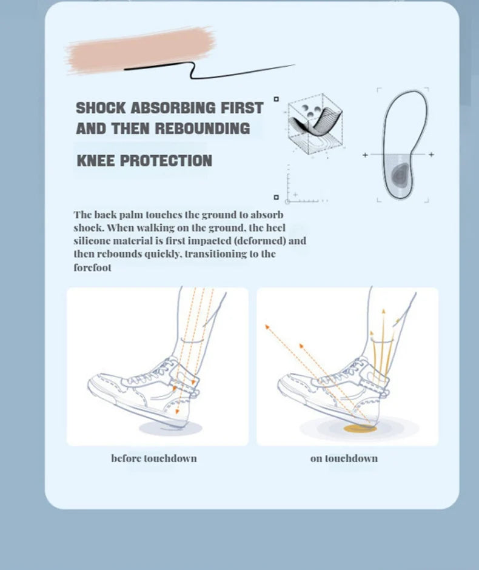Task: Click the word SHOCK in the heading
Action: pos(101,108)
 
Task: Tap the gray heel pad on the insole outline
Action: pos(400,175)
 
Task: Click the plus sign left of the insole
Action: pos(365,155)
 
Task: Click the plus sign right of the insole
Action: pos(431,155)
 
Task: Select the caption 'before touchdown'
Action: pos(154,458)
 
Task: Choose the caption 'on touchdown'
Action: pos(344,458)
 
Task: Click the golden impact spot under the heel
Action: pos(360,429)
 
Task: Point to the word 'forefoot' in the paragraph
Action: pos(93,267)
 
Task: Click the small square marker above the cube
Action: pos(276,99)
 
